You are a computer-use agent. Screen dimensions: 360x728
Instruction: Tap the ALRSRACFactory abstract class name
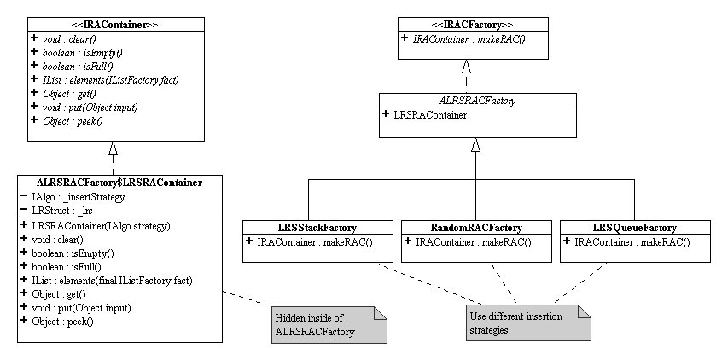click(x=476, y=100)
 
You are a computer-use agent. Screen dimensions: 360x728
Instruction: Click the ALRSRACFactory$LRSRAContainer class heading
click(x=119, y=182)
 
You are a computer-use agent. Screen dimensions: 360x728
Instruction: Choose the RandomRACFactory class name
click(x=475, y=228)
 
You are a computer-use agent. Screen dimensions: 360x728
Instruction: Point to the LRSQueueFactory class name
click(x=634, y=228)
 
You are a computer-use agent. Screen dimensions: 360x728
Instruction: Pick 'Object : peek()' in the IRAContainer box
click(x=72, y=121)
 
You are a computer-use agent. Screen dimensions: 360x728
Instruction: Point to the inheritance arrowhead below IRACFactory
click(x=465, y=67)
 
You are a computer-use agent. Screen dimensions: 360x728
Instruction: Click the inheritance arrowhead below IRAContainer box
click(x=112, y=148)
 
